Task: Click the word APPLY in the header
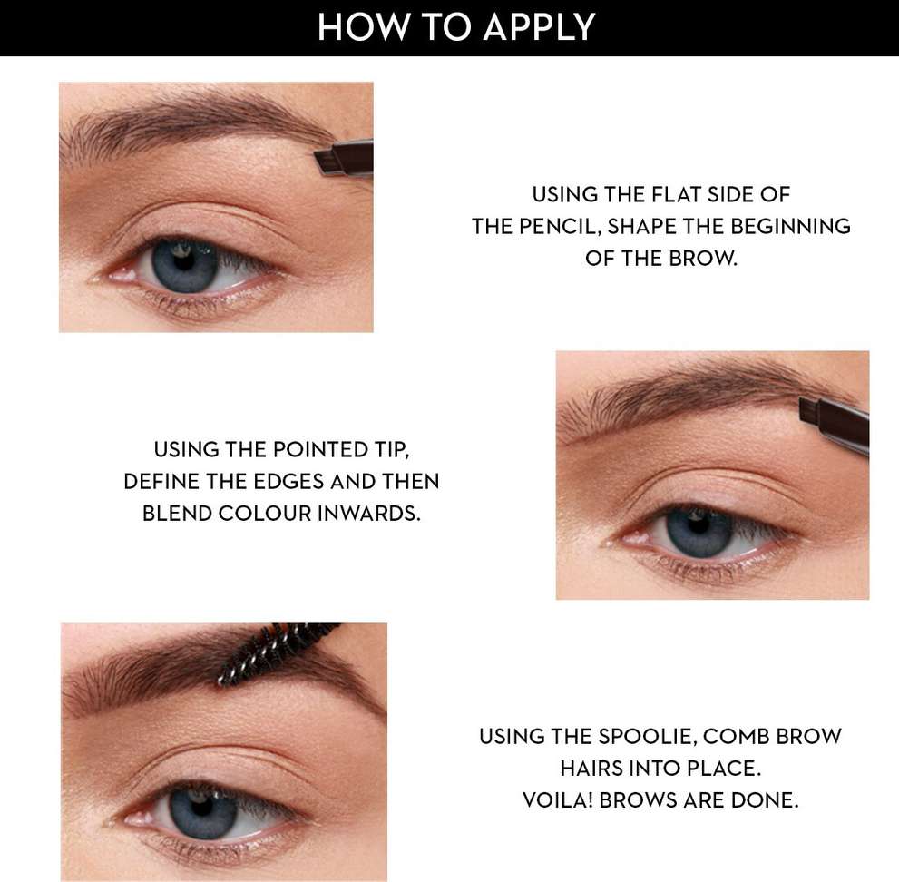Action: click(539, 27)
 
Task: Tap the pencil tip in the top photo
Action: click(327, 162)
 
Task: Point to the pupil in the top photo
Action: click(184, 261)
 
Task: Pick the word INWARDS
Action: click(368, 514)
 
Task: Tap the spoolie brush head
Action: click(274, 652)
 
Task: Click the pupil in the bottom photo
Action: click(201, 808)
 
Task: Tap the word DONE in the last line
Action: click(765, 800)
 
